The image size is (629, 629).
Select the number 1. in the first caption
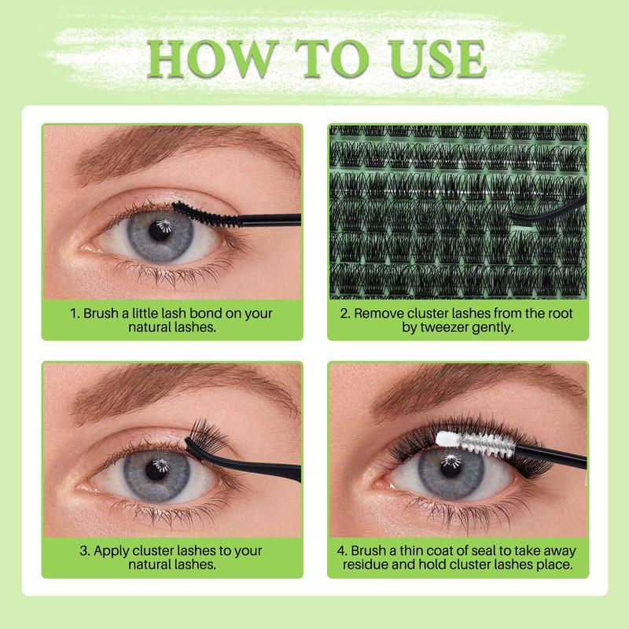click(75, 313)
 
